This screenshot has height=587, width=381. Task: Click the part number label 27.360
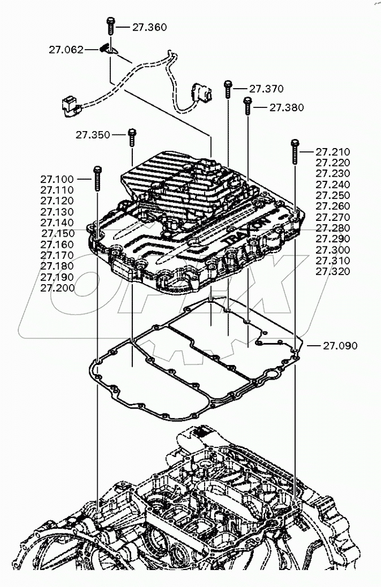(150, 27)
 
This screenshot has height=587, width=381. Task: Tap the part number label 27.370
(266, 89)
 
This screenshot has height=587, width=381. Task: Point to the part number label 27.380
(286, 107)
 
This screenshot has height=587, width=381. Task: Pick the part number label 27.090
(340, 346)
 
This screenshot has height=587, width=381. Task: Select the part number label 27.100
(57, 179)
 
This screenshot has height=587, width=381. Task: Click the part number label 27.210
(333, 152)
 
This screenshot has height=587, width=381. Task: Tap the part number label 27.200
(57, 288)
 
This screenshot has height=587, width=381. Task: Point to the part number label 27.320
(333, 271)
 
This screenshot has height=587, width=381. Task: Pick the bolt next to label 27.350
(132, 137)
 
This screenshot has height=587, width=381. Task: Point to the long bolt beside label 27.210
(295, 152)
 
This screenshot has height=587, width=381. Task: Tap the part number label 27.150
(58, 233)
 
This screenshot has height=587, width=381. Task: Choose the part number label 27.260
(333, 206)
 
